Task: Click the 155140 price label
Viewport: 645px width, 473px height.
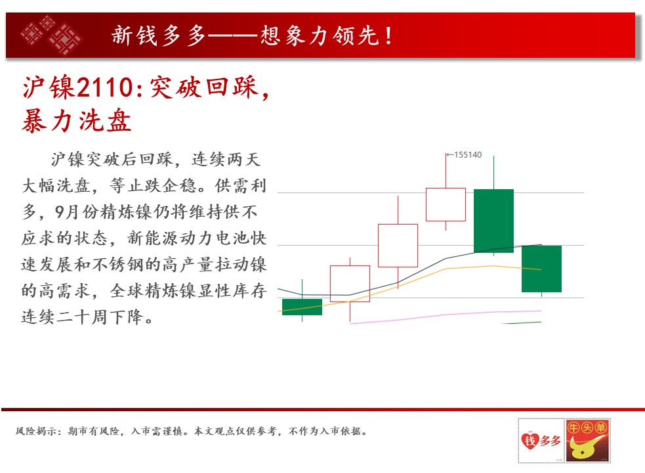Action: tap(468, 155)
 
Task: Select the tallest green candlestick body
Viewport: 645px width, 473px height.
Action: tap(493, 221)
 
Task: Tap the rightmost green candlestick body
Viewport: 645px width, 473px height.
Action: tap(541, 269)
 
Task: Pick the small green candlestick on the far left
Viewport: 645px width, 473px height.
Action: tap(302, 307)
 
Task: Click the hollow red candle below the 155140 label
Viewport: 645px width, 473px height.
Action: tap(446, 205)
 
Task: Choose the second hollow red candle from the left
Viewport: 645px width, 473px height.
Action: tap(398, 246)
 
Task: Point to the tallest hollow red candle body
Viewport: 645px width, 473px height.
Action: tap(398, 246)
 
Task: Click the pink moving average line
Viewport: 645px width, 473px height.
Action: tap(445, 315)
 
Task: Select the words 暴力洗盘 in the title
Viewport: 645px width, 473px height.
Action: tap(77, 121)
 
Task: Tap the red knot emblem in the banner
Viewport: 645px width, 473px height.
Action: tap(51, 35)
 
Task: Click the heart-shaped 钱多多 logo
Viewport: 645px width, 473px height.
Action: tap(541, 440)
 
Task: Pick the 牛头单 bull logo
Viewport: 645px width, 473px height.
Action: tap(587, 440)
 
